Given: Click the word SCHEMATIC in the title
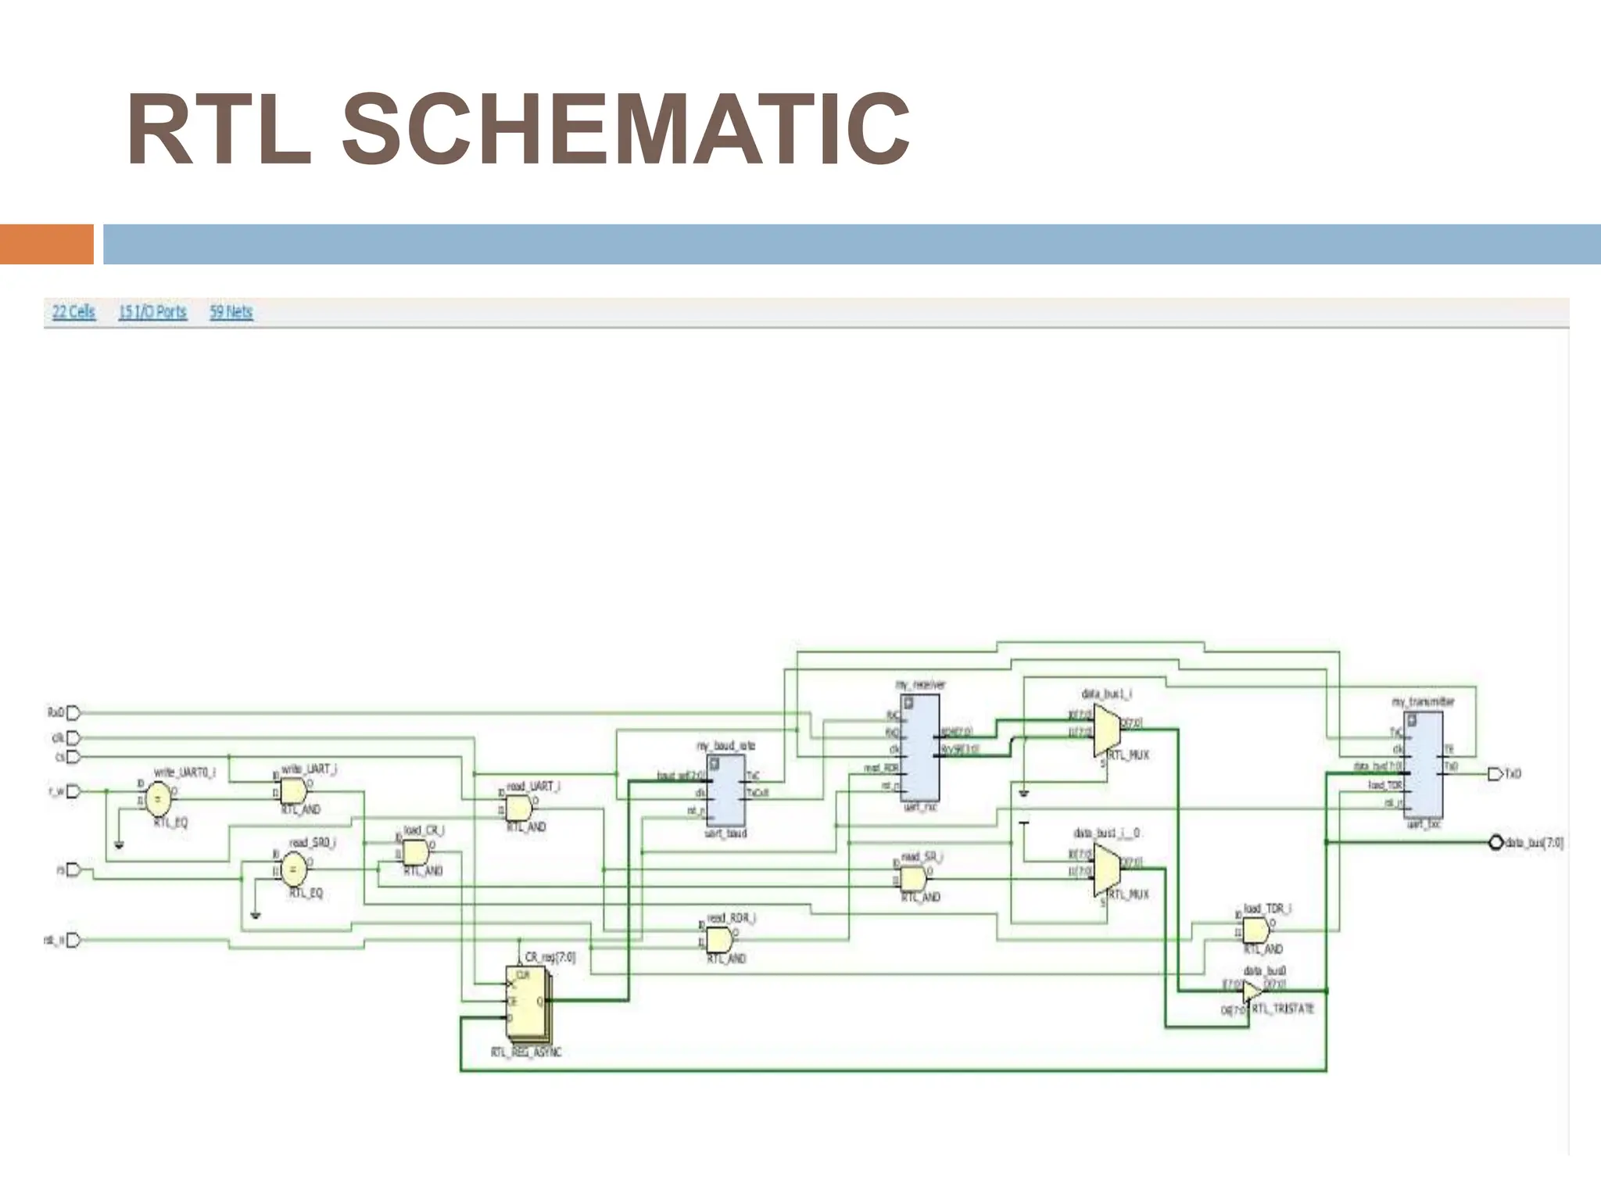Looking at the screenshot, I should (x=625, y=129).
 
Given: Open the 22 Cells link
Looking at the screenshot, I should (x=73, y=312).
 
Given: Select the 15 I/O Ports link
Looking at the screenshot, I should (x=152, y=312).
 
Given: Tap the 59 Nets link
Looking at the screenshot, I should (x=231, y=312).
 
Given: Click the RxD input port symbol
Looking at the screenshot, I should (x=73, y=712).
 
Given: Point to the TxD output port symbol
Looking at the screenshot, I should (x=1494, y=774).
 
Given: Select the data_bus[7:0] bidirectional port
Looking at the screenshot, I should (x=1495, y=842).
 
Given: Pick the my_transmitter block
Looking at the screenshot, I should (x=1423, y=764).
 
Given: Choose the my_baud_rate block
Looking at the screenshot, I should (x=725, y=790).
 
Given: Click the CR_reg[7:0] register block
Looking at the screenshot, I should (x=527, y=1000).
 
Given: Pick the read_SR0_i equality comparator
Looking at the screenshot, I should (x=293, y=867).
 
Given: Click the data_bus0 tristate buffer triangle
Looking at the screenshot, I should (x=1252, y=991).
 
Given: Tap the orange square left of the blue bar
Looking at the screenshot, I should (x=47, y=244).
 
